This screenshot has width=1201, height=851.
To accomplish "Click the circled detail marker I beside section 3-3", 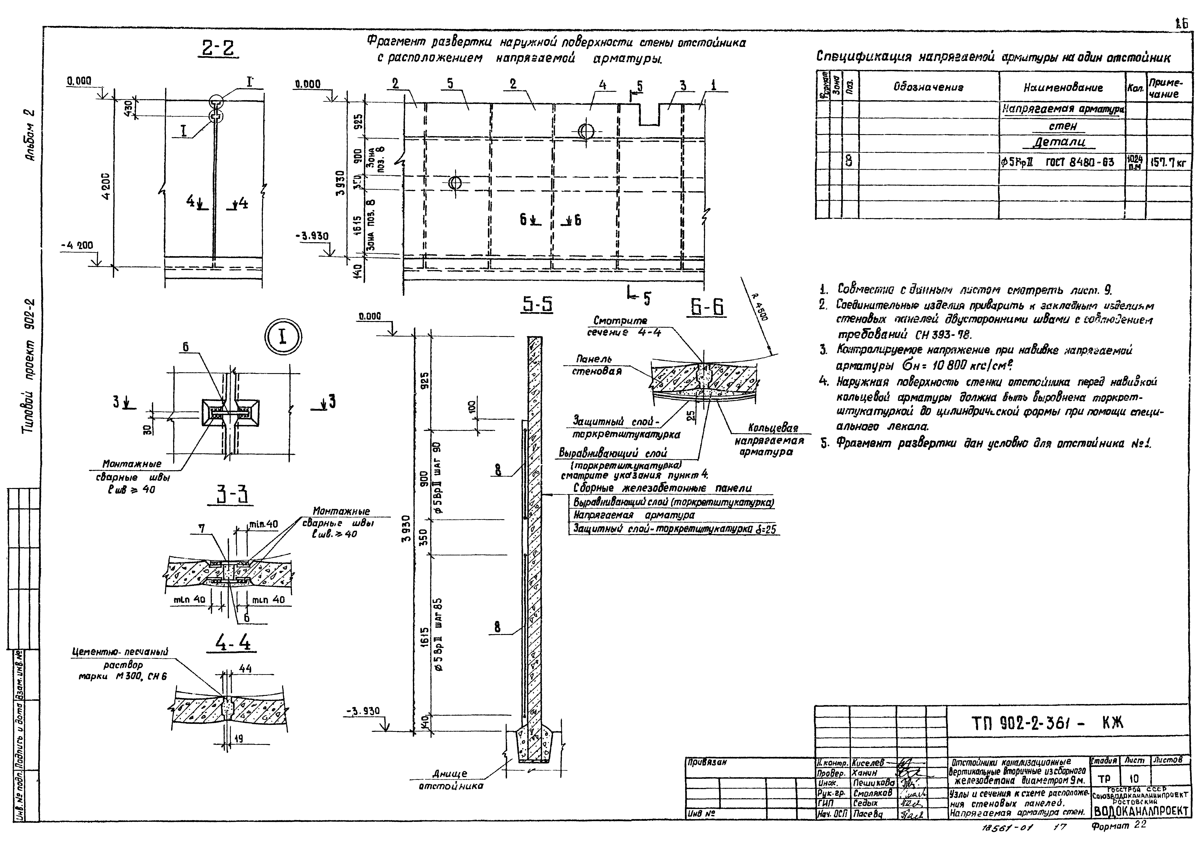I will (283, 337).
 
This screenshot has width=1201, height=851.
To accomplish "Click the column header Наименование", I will (1062, 88).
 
